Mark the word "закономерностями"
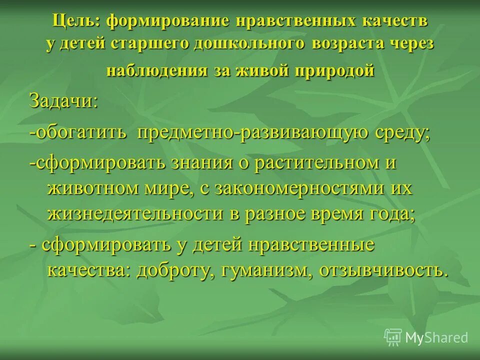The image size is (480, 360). pyautogui.click(x=295, y=188)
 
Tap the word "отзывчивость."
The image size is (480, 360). pyautogui.click(x=384, y=270)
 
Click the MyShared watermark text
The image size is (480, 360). pyautogui.click(x=436, y=338)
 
